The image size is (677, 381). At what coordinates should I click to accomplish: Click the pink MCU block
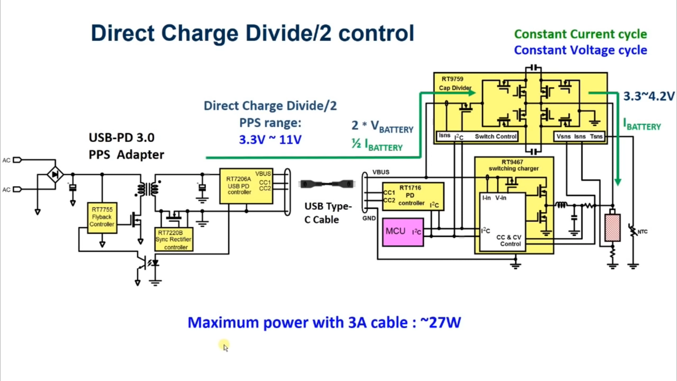[x=403, y=232]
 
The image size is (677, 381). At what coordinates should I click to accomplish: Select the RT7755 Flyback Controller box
[x=102, y=217]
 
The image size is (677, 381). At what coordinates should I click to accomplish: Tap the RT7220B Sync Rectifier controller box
[x=174, y=240]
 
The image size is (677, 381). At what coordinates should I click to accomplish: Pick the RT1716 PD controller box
[x=413, y=196]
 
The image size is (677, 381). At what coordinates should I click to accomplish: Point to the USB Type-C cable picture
[x=327, y=184]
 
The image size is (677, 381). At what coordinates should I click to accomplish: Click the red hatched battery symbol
[x=612, y=227]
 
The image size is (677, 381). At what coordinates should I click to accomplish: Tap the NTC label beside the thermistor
[x=642, y=232]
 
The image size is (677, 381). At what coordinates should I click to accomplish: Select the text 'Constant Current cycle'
[x=580, y=34]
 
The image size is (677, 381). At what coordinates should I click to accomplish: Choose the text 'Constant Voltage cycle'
[x=580, y=50]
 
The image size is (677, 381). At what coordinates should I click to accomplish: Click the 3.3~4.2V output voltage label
[x=649, y=97]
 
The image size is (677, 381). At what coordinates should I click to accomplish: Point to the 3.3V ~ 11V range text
[x=270, y=140]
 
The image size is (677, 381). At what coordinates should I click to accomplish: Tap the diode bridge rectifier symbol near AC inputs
[x=55, y=174]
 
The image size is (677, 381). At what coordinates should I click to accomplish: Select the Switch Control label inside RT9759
[x=495, y=137]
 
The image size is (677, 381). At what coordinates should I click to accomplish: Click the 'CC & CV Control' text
[x=508, y=240]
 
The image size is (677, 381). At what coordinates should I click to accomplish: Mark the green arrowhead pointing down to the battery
[x=618, y=182]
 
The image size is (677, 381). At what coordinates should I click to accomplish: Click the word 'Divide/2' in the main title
[x=288, y=33]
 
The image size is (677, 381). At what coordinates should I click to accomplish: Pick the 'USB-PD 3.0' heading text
[x=121, y=138]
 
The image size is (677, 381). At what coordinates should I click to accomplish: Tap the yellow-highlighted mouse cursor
[x=224, y=346]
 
